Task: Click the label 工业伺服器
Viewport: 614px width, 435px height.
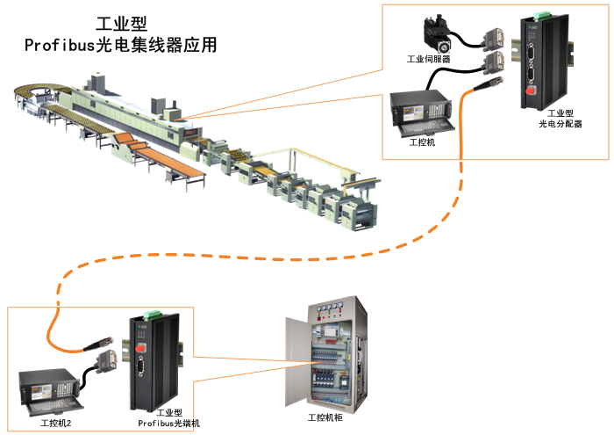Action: pos(430,60)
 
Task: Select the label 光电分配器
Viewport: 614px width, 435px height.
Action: pos(560,124)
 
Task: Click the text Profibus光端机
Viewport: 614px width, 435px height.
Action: pos(169,423)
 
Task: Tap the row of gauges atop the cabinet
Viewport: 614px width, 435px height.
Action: pos(332,308)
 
